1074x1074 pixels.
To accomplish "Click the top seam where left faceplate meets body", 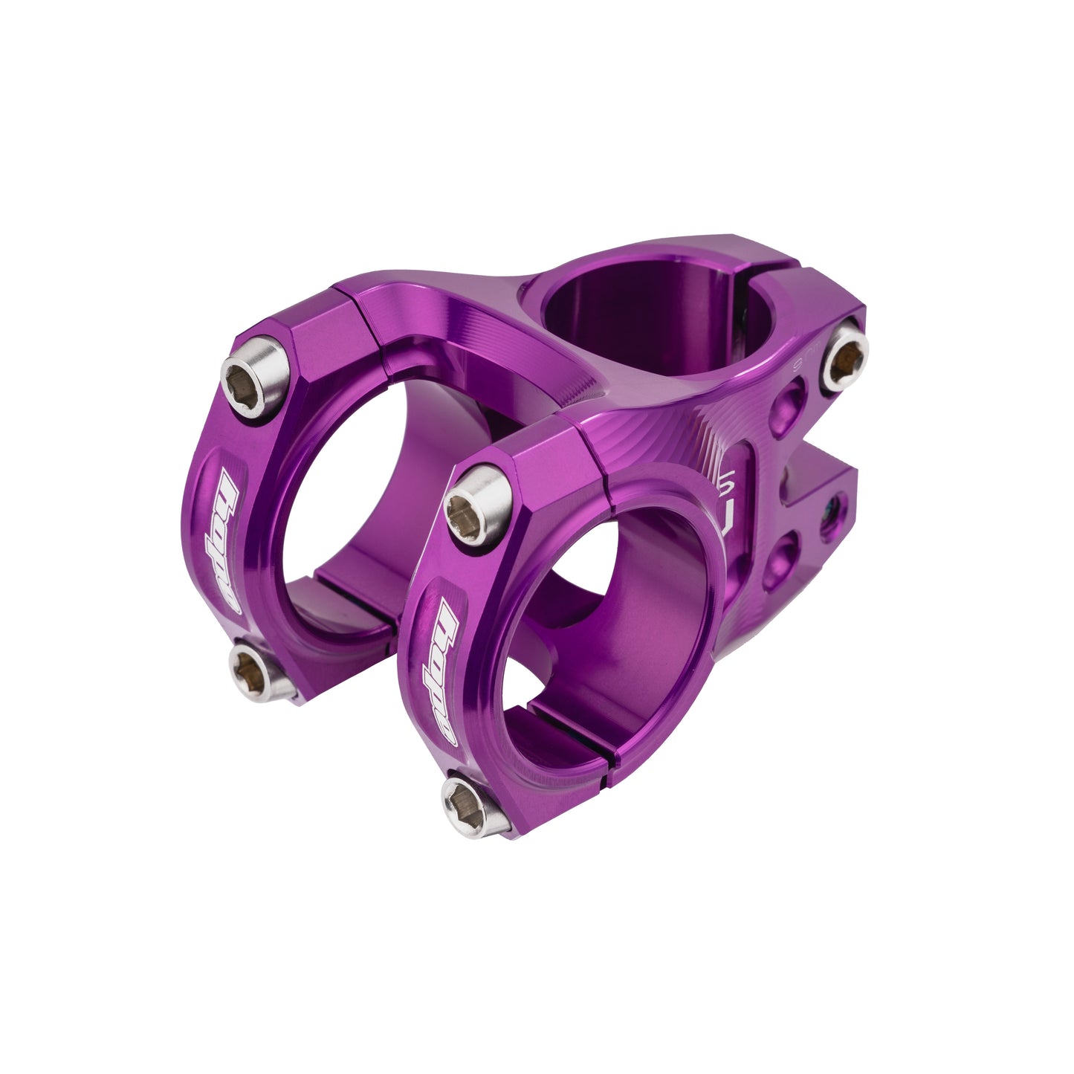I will (x=358, y=305).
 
